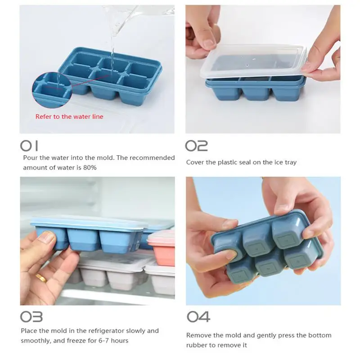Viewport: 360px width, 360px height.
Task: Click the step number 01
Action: [x=29, y=146]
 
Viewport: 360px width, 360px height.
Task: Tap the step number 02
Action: [x=197, y=146]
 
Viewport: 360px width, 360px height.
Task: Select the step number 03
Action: [x=31, y=317]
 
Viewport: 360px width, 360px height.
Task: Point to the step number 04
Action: [x=198, y=317]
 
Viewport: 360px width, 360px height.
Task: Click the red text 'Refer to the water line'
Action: [x=69, y=117]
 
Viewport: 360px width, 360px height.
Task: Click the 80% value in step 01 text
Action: [x=90, y=167]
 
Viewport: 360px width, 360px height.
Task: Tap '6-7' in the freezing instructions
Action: [x=104, y=341]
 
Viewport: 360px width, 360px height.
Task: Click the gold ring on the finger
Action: [x=42, y=278]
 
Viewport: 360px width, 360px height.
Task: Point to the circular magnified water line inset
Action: [x=52, y=90]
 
